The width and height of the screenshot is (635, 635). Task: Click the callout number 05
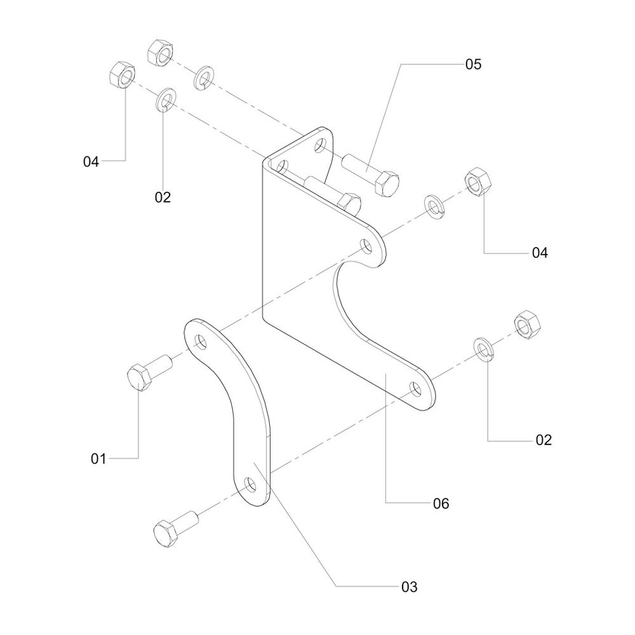(x=473, y=64)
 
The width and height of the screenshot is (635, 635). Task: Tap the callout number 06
(x=441, y=504)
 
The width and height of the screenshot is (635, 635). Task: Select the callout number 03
(x=409, y=587)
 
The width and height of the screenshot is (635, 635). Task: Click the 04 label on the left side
(x=91, y=162)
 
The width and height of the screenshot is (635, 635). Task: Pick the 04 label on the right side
(x=539, y=253)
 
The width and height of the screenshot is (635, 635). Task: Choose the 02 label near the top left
(x=163, y=197)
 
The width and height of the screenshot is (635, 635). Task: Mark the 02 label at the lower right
(x=544, y=439)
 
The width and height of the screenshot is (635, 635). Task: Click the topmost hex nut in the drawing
(x=161, y=53)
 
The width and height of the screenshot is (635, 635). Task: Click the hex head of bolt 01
(x=139, y=378)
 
